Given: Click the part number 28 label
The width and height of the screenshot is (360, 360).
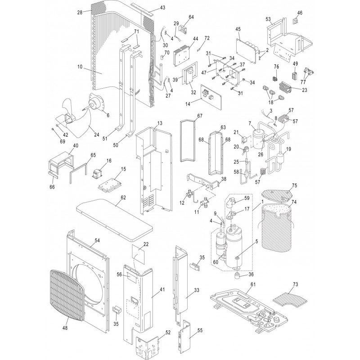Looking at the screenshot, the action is (80, 12).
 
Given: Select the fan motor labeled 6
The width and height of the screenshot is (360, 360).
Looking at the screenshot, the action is (97, 103).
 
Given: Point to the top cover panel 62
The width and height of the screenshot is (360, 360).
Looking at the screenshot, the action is (114, 220).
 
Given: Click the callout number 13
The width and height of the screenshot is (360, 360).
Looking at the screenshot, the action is (160, 123).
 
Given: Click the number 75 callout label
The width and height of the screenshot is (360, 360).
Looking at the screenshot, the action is (295, 185).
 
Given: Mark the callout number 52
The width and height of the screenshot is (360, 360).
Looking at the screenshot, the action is (168, 333).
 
